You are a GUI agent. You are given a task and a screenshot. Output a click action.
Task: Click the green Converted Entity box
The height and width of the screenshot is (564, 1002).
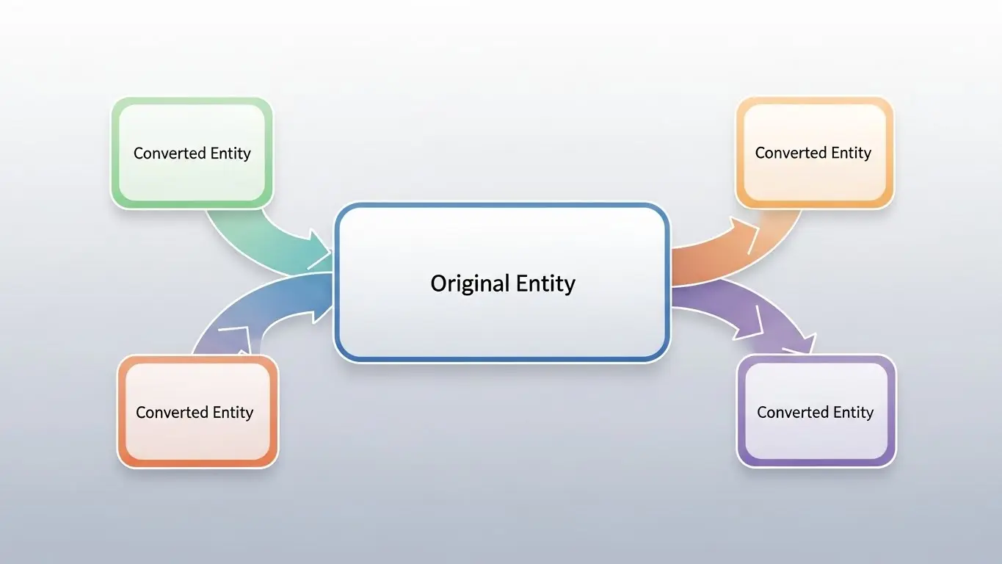(192, 153)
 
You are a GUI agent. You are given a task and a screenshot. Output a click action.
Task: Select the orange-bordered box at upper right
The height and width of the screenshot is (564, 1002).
(815, 153)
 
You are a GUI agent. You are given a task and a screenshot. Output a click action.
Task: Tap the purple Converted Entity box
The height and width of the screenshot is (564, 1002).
(816, 411)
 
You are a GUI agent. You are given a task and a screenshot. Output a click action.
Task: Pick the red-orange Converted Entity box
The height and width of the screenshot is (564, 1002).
(197, 412)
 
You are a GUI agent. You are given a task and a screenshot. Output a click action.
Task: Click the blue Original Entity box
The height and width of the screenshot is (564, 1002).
(502, 283)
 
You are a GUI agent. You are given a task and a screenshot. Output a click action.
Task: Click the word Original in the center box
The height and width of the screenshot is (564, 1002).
(470, 284)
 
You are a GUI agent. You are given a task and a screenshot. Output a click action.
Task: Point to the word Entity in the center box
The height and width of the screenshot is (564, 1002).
(545, 284)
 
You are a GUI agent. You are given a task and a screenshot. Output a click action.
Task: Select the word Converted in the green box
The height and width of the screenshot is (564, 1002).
(170, 153)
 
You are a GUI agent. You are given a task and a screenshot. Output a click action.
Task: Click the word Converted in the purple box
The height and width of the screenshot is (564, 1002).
(793, 412)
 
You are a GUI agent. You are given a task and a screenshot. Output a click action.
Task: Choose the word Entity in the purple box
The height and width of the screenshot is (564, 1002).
(854, 413)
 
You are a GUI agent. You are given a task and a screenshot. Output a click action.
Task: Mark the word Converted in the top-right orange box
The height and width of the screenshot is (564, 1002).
(791, 153)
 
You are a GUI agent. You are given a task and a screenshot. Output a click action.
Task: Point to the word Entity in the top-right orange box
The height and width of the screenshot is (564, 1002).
(852, 153)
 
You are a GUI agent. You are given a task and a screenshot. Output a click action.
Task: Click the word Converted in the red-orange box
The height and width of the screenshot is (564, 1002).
(173, 412)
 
